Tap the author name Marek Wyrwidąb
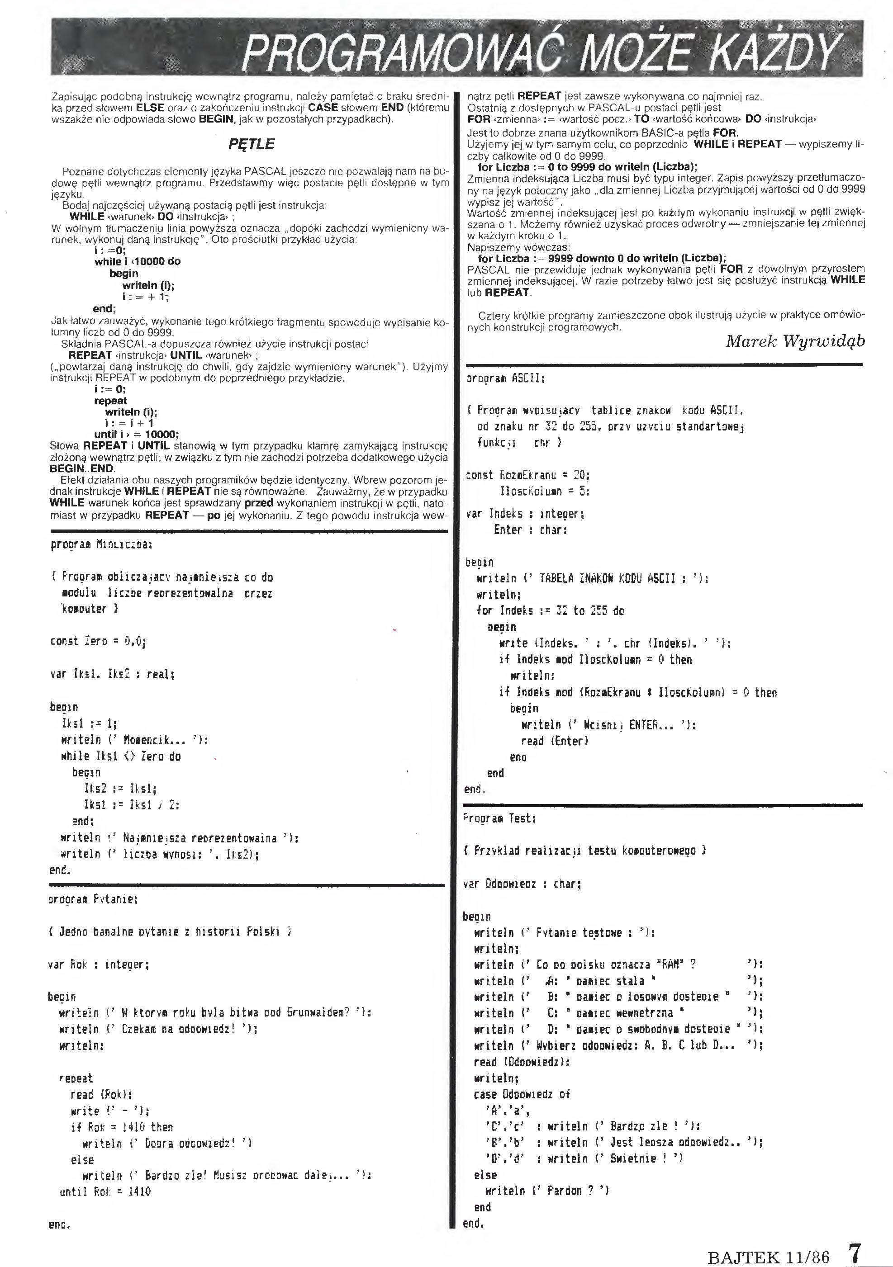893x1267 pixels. [x=795, y=341]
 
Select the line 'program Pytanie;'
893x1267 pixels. [x=93, y=899]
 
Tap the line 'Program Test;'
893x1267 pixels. [x=499, y=818]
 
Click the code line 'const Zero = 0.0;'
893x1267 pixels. [x=98, y=641]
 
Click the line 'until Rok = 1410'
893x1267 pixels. [x=105, y=1191]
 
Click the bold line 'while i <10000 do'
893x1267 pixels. [x=138, y=261]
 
